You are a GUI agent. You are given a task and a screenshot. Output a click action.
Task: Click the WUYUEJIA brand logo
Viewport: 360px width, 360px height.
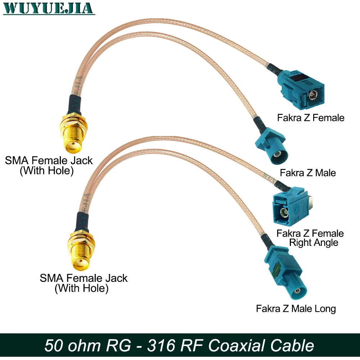point(49,8)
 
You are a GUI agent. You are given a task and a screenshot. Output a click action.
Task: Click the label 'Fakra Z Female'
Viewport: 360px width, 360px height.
point(310,118)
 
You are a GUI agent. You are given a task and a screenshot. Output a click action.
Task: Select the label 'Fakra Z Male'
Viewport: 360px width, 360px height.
point(308,173)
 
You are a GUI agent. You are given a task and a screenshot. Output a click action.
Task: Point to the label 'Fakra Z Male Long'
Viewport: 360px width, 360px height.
point(296,309)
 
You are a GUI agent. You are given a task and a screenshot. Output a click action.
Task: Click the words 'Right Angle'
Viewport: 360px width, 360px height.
point(314,243)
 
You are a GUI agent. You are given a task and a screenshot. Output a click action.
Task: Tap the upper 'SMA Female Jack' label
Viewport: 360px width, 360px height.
point(49,161)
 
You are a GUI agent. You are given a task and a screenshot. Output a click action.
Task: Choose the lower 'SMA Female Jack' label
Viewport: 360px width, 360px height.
point(84,278)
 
